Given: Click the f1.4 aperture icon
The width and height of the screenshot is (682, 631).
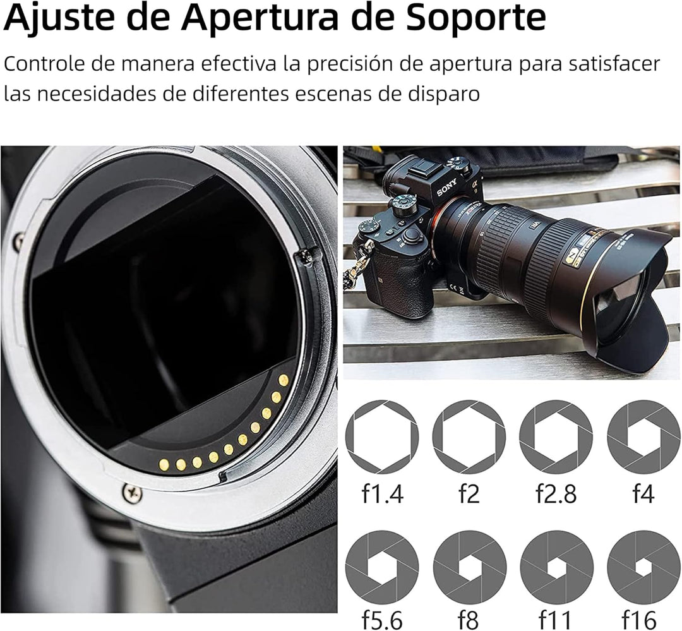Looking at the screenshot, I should tap(382, 436).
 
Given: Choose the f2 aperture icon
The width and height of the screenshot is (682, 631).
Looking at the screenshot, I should tap(469, 436).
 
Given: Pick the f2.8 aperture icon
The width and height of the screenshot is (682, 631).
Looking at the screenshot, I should tap(556, 436).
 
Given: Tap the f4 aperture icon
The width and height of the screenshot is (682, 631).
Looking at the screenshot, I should tap(643, 436).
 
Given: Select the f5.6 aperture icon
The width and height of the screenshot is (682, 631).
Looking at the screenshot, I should tap(382, 567).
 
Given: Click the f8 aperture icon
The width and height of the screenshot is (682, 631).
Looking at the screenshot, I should tap(469, 567).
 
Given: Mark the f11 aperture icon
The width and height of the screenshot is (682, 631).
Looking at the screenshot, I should tap(556, 567).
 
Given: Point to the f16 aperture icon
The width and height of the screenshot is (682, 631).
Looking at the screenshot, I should tap(643, 567).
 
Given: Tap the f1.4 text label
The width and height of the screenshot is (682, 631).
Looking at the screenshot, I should tap(382, 494).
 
